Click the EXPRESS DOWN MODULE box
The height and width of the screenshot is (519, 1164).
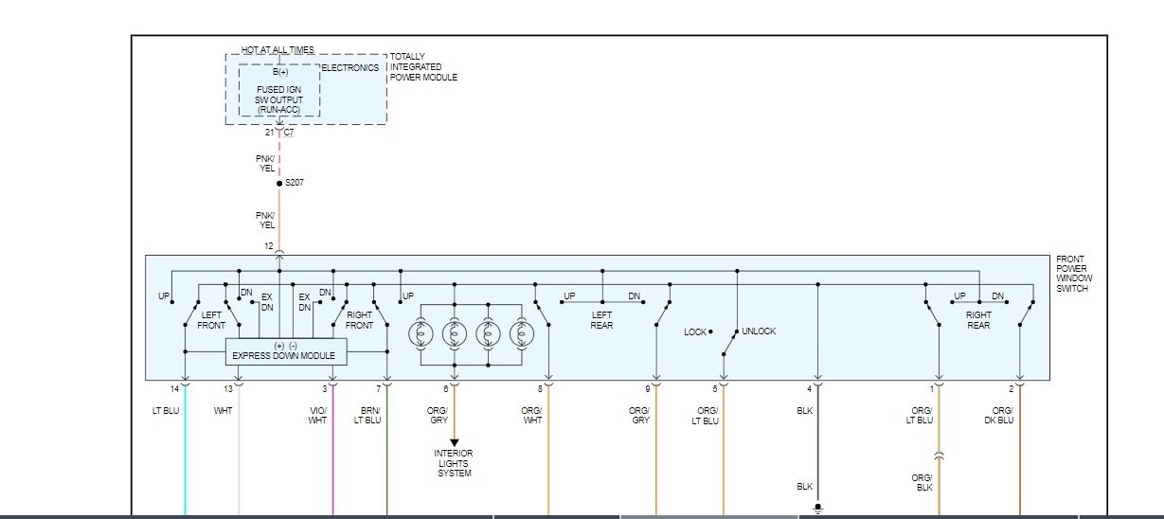click(x=286, y=351)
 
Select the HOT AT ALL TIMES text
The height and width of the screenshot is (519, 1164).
click(x=278, y=50)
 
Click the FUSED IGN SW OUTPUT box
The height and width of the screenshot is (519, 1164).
click(x=279, y=92)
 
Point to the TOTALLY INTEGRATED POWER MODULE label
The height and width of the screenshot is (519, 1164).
click(x=423, y=67)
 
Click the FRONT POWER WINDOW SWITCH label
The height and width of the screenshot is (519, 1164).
click(x=1074, y=274)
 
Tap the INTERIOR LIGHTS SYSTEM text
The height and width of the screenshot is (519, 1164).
click(x=454, y=463)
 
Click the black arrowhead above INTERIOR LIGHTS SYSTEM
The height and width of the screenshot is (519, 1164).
click(x=454, y=442)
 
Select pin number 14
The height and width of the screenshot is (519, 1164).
click(x=173, y=389)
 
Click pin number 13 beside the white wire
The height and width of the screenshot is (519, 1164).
click(x=227, y=389)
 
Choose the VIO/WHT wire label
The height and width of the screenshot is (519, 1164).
click(x=317, y=416)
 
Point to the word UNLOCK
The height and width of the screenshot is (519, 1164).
click(x=759, y=331)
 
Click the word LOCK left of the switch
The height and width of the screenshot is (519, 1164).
click(x=695, y=332)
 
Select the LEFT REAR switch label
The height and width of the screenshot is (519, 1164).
click(x=601, y=320)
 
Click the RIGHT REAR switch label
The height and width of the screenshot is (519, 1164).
click(x=978, y=320)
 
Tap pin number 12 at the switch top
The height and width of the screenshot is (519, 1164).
click(x=269, y=246)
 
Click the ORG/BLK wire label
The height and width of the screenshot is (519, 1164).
click(x=922, y=483)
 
